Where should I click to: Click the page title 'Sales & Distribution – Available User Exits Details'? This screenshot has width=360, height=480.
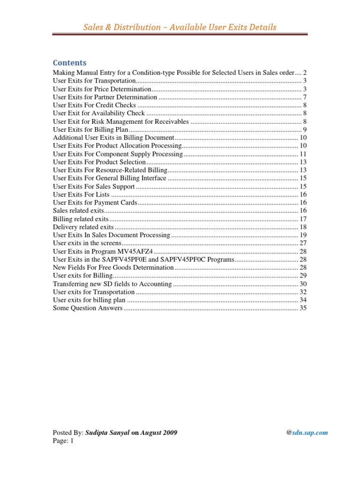[x=180, y=27]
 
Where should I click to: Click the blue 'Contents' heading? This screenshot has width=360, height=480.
[x=69, y=63]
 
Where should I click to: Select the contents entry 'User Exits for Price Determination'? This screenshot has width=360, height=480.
[x=102, y=89]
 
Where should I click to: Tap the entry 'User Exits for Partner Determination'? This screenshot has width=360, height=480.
[x=105, y=97]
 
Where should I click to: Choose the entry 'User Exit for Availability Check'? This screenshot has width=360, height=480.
[x=99, y=113]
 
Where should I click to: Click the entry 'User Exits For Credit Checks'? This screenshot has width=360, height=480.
[x=94, y=105]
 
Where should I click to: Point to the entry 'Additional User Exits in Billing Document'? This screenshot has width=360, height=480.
[x=113, y=138]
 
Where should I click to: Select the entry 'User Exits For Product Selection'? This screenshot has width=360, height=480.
[x=99, y=162]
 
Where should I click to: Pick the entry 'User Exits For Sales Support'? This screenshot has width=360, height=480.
[x=94, y=186]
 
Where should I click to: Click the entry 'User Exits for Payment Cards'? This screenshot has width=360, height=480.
[x=95, y=202]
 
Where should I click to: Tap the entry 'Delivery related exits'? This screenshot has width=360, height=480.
[x=83, y=227]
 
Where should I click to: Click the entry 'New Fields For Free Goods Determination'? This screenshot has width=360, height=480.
[x=113, y=267]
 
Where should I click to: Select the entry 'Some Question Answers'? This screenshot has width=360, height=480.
[x=88, y=308]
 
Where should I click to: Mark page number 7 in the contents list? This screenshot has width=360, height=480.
[x=305, y=97]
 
